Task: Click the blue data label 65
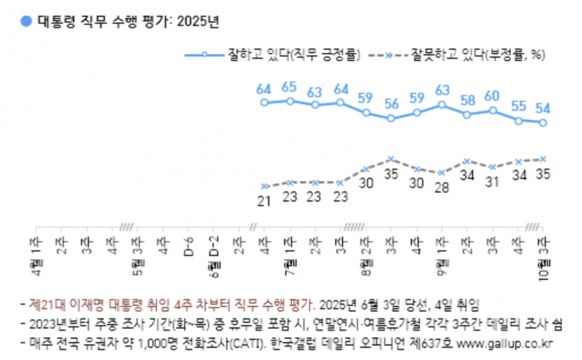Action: [289, 87]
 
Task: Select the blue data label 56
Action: [391, 104]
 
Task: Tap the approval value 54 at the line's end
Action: [541, 108]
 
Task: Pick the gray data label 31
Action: [491, 182]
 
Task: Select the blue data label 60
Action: [491, 95]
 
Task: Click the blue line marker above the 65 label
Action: [290, 101]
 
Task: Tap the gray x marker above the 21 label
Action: [265, 186]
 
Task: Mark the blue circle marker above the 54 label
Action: [542, 123]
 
